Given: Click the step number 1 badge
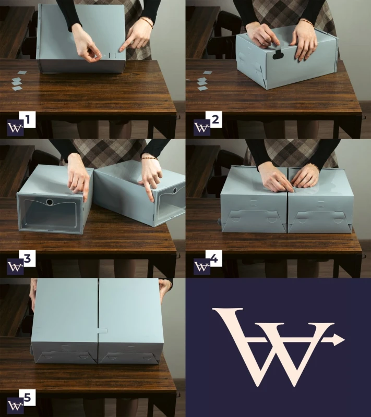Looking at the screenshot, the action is pos(27,119).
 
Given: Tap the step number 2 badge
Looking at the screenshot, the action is pos(214,119).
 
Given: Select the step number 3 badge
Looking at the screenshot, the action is pos(27,258).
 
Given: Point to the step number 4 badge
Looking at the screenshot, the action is pos(214,258).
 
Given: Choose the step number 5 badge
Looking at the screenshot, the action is pos(27,397).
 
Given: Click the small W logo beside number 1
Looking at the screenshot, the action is pos(15,128).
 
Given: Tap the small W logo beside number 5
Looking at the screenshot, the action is pos(15,406).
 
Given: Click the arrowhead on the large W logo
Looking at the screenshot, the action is pos(339,340).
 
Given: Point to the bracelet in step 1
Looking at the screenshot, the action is pos(147,22).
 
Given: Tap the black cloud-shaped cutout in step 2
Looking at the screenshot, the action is pos(278,55).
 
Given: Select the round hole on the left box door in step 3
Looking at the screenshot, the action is pos(50,202).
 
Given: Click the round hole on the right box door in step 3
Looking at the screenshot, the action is pos(175,190).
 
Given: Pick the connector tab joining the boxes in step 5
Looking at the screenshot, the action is pos(102,331).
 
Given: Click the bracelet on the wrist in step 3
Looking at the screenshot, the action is pos(149,158).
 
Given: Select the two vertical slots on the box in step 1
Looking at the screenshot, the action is pos(113,56).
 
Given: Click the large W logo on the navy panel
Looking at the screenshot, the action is pos(279,347).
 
